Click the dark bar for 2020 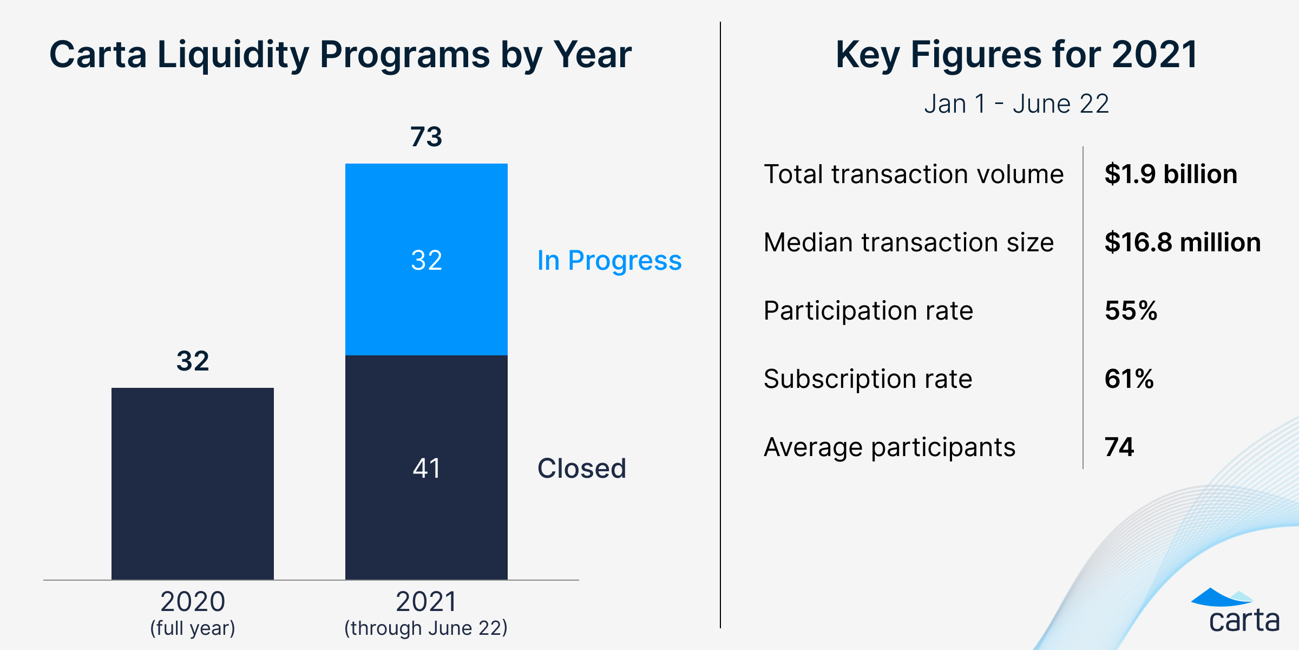192,483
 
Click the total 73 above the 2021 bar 426,136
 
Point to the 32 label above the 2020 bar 192,361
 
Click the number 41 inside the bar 426,468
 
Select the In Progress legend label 609,261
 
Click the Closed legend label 581,468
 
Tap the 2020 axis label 192,602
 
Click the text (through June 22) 426,628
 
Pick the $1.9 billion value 1170,174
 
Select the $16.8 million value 1182,242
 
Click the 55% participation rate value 1131,310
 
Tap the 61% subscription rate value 1129,379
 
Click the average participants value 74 1119,447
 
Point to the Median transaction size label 908,242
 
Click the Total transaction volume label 913,174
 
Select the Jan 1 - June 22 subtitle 1016,103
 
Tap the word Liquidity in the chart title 233,55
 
